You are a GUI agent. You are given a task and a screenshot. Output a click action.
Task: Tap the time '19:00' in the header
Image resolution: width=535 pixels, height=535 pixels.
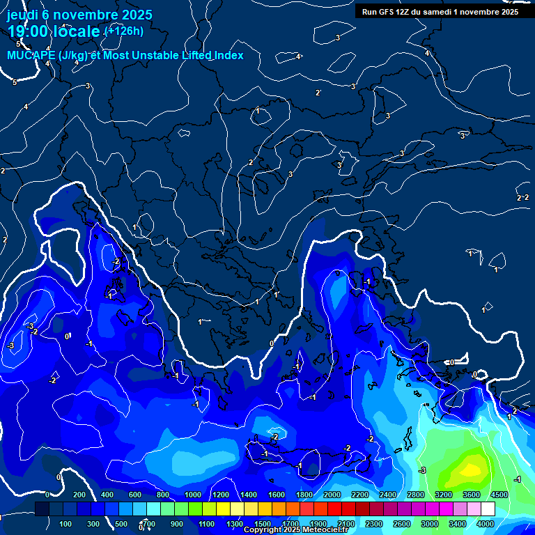[x=29, y=32]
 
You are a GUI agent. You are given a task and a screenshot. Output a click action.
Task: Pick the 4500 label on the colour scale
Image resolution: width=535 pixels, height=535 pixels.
[x=499, y=495]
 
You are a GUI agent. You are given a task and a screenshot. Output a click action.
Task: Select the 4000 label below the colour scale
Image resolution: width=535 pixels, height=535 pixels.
[x=486, y=524]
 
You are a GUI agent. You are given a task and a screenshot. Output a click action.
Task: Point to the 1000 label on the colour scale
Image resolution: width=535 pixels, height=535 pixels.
[x=192, y=495]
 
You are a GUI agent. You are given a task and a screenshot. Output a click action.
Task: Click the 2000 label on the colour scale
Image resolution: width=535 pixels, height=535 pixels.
[x=332, y=495]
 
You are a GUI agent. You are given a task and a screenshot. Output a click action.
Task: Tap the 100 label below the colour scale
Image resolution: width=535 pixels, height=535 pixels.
[x=66, y=524]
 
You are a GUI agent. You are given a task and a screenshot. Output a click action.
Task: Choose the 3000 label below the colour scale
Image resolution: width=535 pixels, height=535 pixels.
[x=430, y=524]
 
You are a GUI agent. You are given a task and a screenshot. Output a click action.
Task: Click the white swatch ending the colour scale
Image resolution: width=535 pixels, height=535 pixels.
[x=488, y=509]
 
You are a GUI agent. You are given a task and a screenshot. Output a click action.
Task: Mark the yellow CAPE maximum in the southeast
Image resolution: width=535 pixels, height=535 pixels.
[x=471, y=469]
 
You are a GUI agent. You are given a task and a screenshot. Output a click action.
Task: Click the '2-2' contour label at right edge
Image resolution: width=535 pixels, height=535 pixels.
[x=522, y=198]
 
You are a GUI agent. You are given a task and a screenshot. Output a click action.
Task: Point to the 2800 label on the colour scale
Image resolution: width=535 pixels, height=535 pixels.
[x=416, y=495]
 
